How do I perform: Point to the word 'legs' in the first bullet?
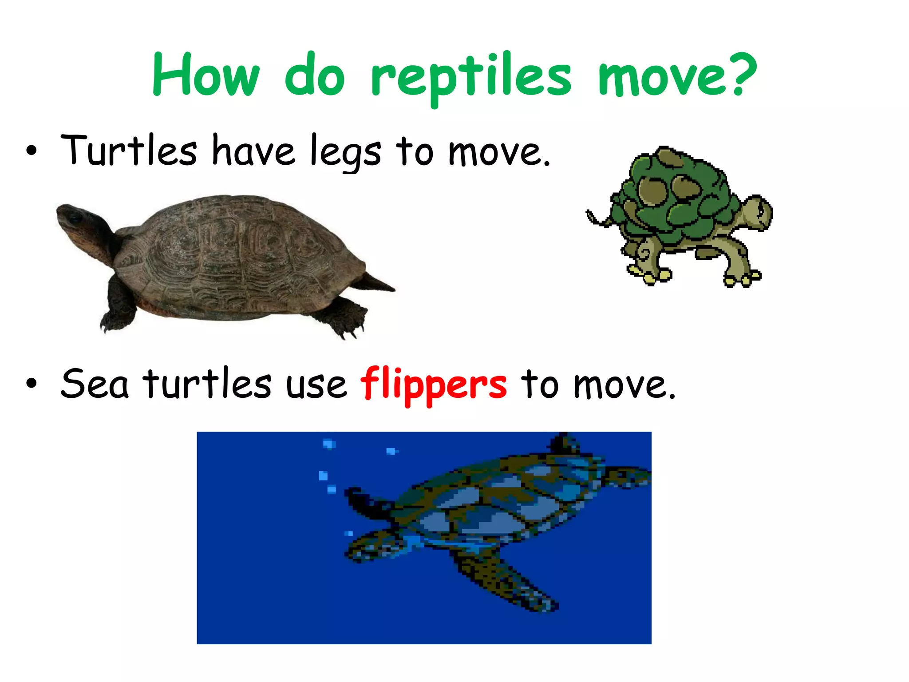345,152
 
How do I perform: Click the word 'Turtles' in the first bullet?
129,151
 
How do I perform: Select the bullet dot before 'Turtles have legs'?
31,151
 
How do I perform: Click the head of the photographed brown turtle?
75,220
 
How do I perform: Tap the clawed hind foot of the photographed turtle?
344,317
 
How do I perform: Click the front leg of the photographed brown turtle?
118,306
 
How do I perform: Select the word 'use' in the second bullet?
316,385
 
